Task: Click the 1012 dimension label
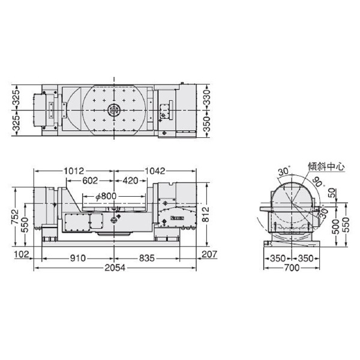pyautogui.click(x=73, y=170)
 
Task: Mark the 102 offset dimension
pyautogui.click(x=21, y=255)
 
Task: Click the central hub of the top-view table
pyautogui.click(x=113, y=110)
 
